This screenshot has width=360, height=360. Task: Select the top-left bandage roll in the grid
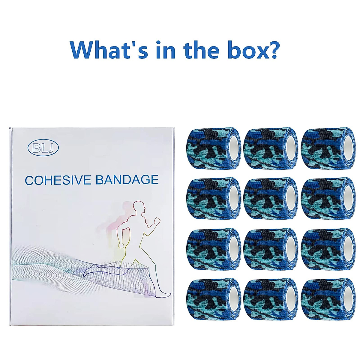(x=214, y=148)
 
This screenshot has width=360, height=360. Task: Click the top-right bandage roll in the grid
(x=328, y=148)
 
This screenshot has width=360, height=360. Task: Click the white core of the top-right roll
(x=348, y=148)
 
